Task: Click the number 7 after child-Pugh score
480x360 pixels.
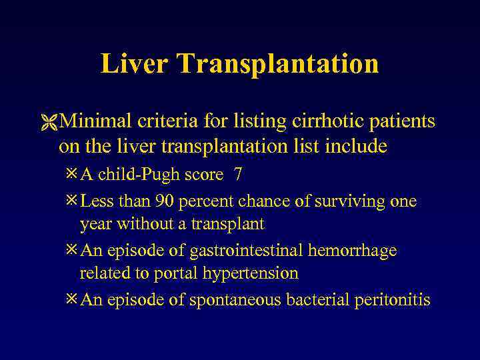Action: click(237, 175)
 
